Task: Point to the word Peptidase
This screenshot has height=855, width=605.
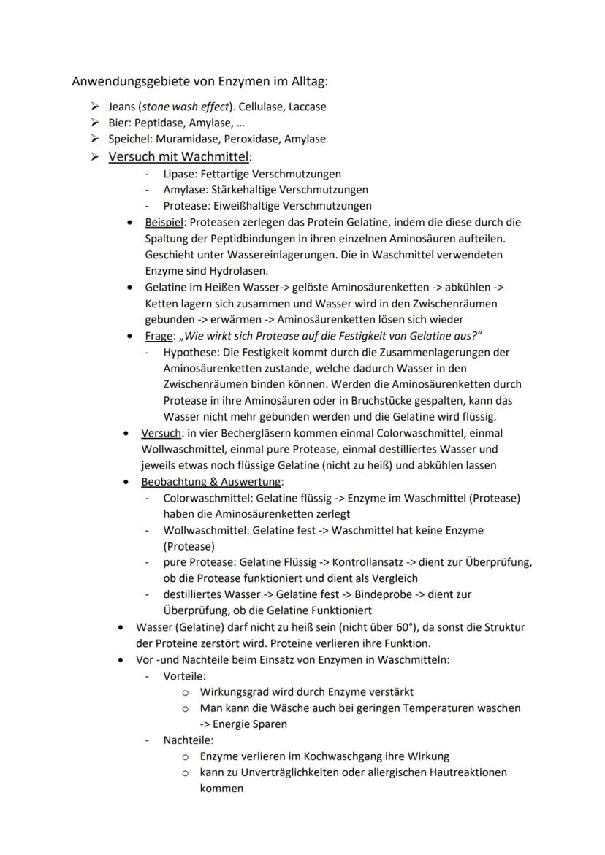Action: (159, 123)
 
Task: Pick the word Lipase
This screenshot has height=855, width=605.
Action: (179, 174)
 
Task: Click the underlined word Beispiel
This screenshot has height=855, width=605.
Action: (165, 222)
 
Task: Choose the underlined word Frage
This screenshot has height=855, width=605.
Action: (160, 336)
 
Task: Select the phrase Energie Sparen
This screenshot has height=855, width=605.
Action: (249, 724)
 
